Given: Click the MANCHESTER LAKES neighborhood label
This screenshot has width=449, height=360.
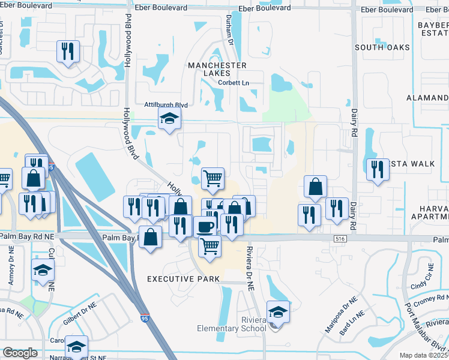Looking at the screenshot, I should pos(217,68).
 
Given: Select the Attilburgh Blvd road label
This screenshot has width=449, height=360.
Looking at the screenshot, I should pos(166,104).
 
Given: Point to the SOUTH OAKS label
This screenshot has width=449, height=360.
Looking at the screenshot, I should pos(382,47).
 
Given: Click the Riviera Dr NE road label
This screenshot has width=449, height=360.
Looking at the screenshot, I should pos(249,268).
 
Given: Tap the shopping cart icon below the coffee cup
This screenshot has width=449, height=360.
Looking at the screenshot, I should pos(209,245).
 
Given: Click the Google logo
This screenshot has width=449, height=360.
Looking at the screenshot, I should pos(20,353).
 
